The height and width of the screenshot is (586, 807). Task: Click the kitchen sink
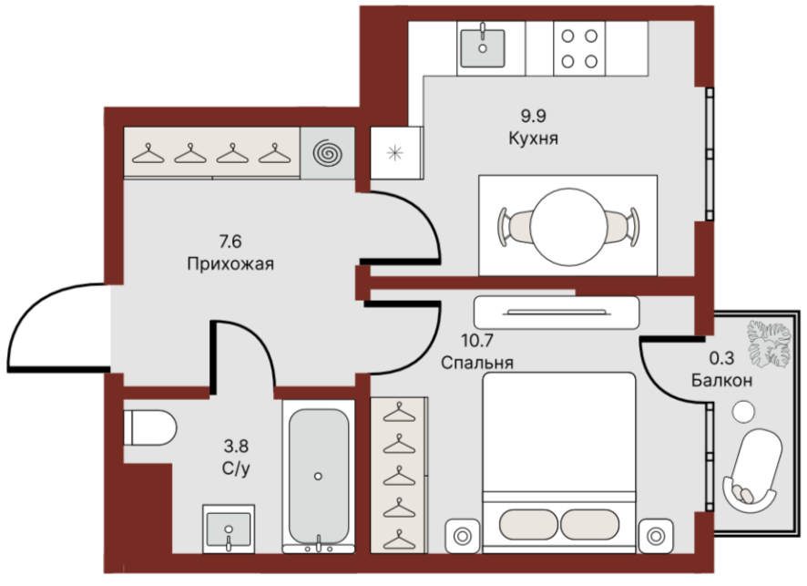[482, 48]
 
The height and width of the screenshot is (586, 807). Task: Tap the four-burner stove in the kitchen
[579, 49]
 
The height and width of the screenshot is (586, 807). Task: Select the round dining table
[568, 225]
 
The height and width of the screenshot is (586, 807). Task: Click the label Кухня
[533, 139]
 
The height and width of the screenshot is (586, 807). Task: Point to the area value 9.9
[533, 116]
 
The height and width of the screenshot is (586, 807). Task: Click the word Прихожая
[230, 264]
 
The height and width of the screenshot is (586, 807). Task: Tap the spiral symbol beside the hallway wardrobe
[328, 153]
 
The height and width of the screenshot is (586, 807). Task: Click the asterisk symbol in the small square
[395, 152]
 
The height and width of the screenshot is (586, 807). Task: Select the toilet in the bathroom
[150, 428]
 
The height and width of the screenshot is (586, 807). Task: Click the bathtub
[319, 476]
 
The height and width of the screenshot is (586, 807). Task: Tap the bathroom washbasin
[229, 529]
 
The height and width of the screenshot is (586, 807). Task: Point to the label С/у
[236, 468]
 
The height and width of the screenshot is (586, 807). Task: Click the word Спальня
[477, 363]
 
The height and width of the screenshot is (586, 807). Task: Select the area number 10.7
[477, 340]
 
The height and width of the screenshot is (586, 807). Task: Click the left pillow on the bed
[528, 525]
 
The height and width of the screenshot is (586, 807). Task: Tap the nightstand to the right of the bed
[656, 536]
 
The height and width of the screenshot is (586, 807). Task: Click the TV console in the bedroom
[557, 313]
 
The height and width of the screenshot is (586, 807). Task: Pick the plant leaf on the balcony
[769, 344]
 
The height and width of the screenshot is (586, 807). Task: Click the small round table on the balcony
[743, 412]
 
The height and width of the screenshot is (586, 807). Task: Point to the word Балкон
[721, 381]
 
